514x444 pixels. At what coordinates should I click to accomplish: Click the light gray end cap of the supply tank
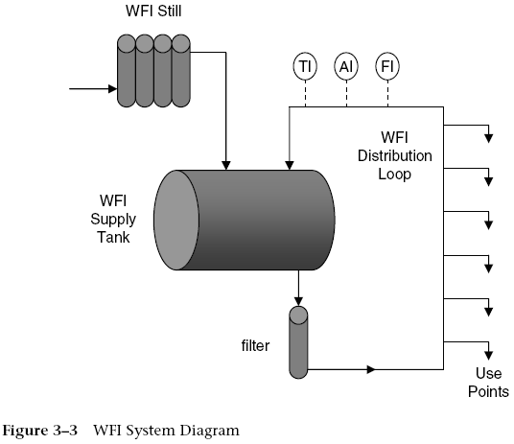tap(178, 220)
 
